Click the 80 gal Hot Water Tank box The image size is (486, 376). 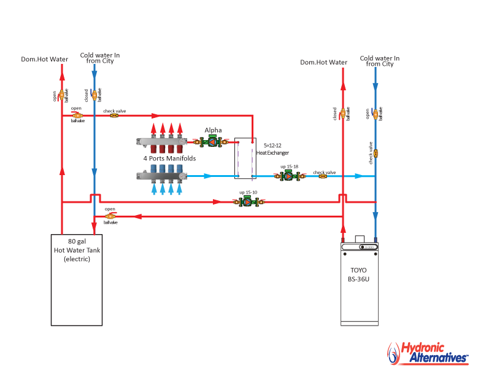point(76,280)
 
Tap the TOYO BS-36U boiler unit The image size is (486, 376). point(360,283)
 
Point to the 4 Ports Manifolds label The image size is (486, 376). point(169,159)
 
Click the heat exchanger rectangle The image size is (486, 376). point(244,158)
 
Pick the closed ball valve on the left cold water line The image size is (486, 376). point(94,95)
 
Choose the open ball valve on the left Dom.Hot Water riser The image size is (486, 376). point(61,95)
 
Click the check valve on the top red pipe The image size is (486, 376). point(114,115)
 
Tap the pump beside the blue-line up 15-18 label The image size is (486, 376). point(290,176)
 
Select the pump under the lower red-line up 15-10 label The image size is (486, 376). point(248,202)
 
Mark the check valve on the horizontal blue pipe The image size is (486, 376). point(323,176)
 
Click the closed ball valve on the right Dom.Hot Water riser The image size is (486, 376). point(342,113)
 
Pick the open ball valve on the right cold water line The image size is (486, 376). point(375,113)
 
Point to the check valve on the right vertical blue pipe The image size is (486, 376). point(375,153)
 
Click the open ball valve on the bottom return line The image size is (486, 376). point(110,216)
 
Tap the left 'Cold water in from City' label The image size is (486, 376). point(99,58)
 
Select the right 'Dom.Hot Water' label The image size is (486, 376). point(323,62)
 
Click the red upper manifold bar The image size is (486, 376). point(161,142)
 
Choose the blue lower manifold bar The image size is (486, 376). point(161,176)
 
